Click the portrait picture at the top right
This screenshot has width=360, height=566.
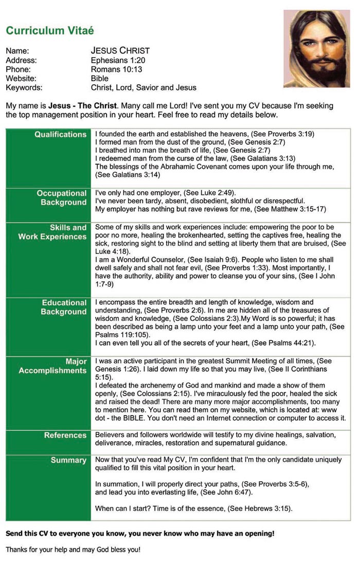coord(316,49)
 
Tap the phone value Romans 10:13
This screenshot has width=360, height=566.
coord(116,69)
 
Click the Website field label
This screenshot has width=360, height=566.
coord(21,79)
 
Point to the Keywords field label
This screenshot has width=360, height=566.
coord(24,88)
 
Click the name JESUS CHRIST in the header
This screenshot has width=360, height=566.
coord(120,51)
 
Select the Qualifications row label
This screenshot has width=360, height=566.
coord(60,135)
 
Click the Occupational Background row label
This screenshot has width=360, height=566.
coord(61,198)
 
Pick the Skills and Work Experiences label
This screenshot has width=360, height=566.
coord(53,232)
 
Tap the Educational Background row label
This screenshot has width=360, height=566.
coord(64,307)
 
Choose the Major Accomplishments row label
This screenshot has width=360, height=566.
coord(53,366)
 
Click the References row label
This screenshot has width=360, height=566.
coord(65,435)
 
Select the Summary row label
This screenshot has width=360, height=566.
coord(68,460)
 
